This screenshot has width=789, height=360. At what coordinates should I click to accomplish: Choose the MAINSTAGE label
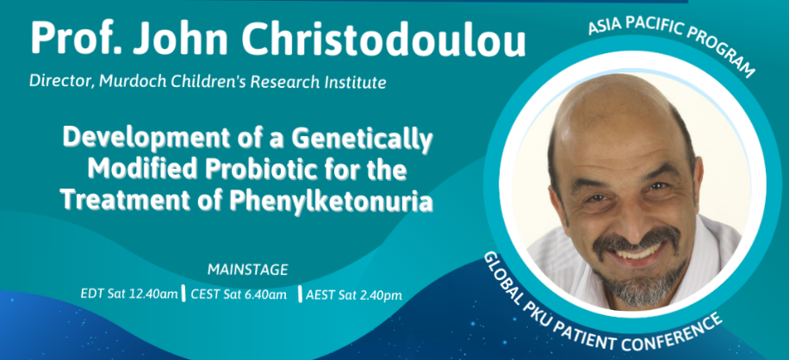click(x=247, y=270)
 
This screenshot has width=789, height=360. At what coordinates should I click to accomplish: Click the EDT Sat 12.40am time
click(x=129, y=295)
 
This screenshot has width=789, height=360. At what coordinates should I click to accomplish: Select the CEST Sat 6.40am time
click(x=239, y=295)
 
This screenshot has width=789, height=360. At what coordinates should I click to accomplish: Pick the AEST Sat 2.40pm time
click(x=354, y=295)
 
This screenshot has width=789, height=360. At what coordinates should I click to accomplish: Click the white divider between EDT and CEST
click(x=183, y=294)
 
